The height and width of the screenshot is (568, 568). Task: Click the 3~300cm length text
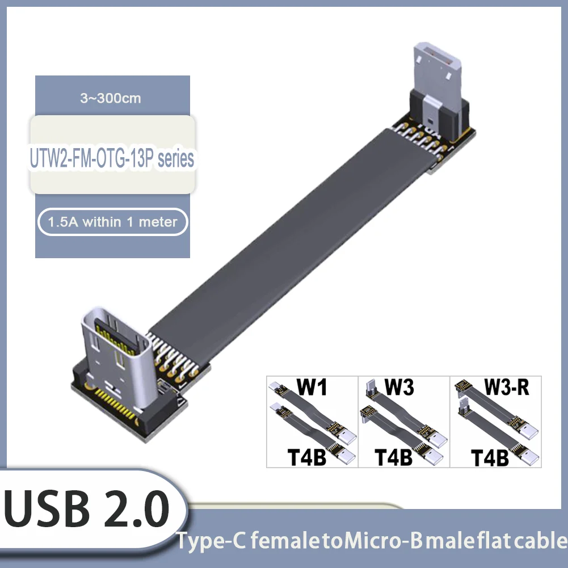[x=111, y=98]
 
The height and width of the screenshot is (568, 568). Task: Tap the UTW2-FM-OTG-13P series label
[x=112, y=159]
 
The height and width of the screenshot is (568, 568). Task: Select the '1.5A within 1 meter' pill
[x=112, y=222]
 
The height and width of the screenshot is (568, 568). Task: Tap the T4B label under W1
[x=307, y=457]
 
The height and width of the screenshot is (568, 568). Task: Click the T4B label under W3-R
[x=490, y=457]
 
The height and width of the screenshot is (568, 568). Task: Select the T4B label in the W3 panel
[x=394, y=457]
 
